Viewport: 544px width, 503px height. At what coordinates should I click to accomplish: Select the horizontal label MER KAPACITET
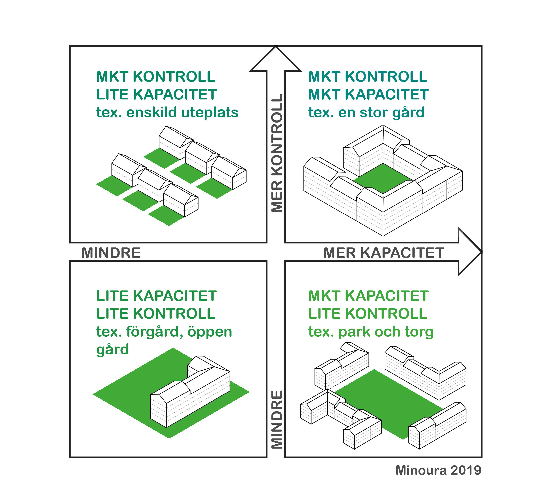(384, 253)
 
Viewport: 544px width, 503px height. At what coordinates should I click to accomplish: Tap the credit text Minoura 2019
(438, 470)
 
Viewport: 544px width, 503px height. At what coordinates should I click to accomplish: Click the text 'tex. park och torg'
(371, 332)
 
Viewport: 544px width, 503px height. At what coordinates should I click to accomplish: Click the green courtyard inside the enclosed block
(383, 178)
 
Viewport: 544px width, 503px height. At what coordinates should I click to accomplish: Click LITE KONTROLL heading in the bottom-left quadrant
(156, 314)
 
